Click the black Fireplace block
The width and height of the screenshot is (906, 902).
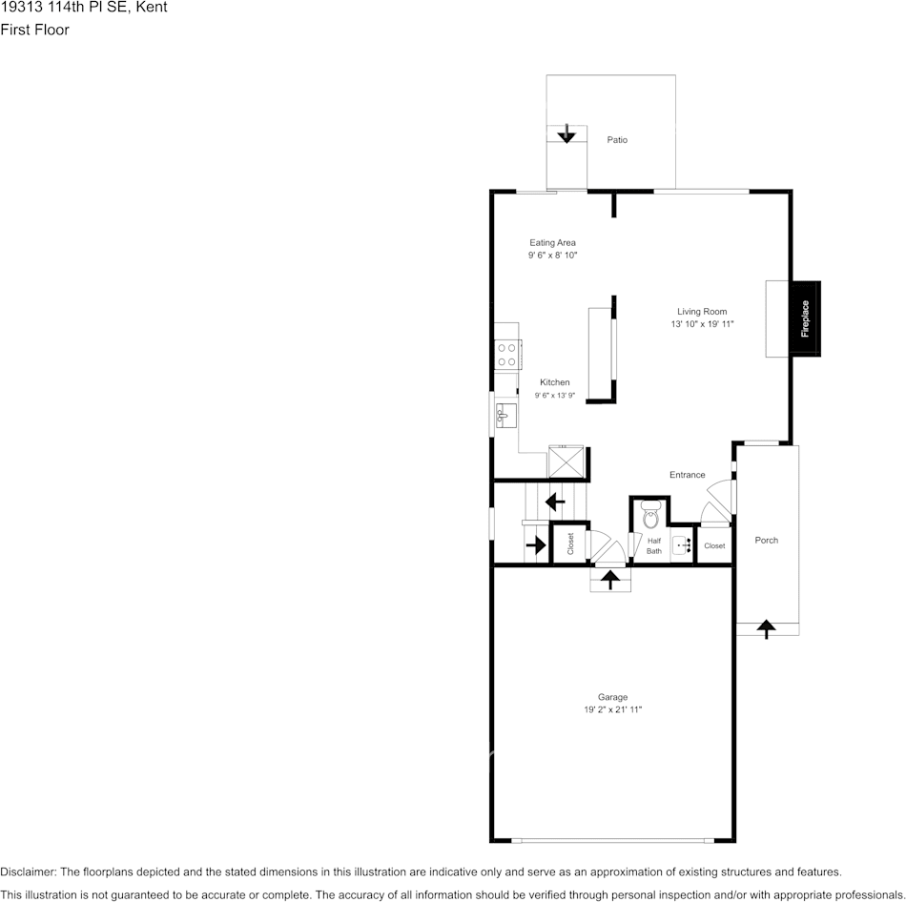(806, 318)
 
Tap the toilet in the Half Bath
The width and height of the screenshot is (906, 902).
(650, 515)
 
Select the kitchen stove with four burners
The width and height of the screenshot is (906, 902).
(508, 355)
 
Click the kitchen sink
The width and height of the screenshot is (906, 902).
(506, 416)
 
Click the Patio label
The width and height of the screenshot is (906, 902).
(617, 140)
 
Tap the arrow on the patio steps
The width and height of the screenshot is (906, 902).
(566, 133)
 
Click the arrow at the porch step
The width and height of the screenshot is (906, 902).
(766, 628)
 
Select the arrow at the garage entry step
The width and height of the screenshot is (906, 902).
(610, 580)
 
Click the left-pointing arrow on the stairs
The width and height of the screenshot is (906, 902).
(555, 502)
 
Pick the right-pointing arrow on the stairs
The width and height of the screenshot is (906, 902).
(536, 544)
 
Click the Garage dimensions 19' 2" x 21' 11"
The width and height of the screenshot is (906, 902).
(613, 709)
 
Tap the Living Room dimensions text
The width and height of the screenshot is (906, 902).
(702, 324)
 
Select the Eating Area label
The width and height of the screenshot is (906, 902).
(552, 243)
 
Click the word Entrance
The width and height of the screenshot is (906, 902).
(687, 475)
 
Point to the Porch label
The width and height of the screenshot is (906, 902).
(766, 541)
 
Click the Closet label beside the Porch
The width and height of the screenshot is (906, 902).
(714, 545)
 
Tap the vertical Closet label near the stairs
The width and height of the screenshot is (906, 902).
(570, 543)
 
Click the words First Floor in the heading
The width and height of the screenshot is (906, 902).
(34, 30)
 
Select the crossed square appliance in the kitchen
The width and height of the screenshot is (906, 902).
(566, 461)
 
